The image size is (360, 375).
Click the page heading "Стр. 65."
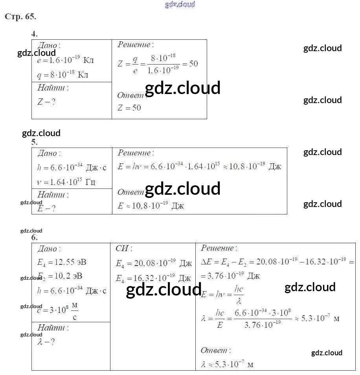tap(20, 17)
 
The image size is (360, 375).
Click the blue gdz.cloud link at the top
tap(180, 5)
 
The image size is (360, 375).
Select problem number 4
tap(34, 34)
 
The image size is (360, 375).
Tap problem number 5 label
tap(34, 142)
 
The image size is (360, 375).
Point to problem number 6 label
tap(35, 237)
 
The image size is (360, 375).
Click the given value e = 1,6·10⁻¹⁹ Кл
tap(65, 61)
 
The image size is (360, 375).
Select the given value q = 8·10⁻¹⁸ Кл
tap(63, 75)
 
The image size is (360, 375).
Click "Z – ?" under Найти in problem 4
tap(46, 102)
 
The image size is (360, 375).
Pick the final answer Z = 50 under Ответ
tap(129, 107)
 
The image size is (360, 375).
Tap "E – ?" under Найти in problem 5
tap(46, 209)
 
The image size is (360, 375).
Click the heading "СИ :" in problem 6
tap(124, 248)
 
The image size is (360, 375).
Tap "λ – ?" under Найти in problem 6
tap(46, 342)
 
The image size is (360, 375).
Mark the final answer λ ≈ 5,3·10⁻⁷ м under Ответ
tap(227, 364)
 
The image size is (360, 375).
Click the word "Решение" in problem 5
tap(134, 153)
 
